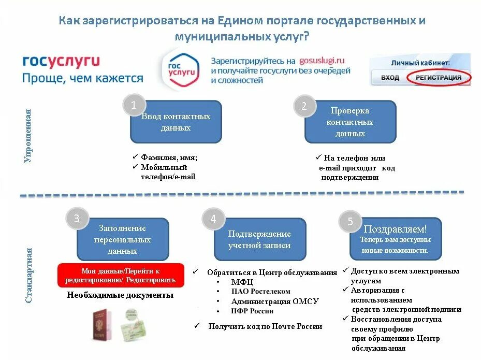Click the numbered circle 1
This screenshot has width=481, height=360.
pyautogui.click(x=134, y=105)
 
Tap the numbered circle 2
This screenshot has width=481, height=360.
pyautogui.click(x=304, y=106)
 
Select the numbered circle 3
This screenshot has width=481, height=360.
pyautogui.click(x=77, y=218)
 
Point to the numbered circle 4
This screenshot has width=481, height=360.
pyautogui.click(x=213, y=219)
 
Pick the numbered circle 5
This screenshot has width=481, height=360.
pyautogui.click(x=350, y=222)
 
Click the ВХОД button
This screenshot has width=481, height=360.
pyautogui.click(x=390, y=78)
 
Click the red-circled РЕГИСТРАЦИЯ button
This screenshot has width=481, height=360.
pyautogui.click(x=439, y=78)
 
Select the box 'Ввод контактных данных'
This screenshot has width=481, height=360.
pyautogui.click(x=176, y=122)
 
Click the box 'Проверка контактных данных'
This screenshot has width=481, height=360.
pyautogui.click(x=350, y=122)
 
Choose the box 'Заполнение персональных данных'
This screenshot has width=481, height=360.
pyautogui.click(x=123, y=239)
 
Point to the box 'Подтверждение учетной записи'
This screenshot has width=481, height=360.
pyautogui.click(x=260, y=239)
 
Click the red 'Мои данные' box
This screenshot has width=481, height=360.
pyautogui.click(x=121, y=275)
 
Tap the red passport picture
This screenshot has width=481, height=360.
pyautogui.click(x=102, y=325)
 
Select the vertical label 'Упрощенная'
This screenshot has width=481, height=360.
pyautogui.click(x=28, y=136)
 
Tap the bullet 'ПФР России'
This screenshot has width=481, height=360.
pyautogui.click(x=252, y=311)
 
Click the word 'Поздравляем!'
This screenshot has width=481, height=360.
pyautogui.click(x=396, y=229)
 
